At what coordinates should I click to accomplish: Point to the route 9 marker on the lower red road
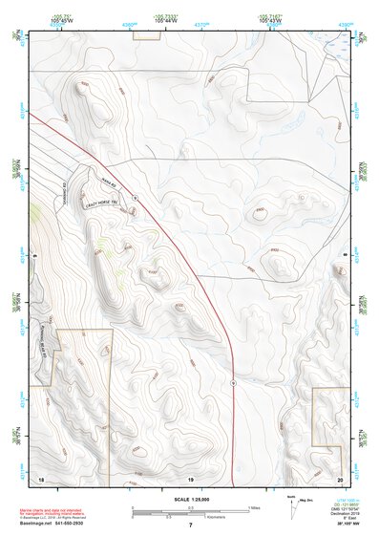tap(234, 381)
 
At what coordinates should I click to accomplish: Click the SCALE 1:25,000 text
tap(190, 500)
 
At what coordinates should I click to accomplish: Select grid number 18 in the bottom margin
tap(41, 478)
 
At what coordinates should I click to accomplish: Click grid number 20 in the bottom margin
tap(339, 478)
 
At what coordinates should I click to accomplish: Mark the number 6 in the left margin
tap(34, 256)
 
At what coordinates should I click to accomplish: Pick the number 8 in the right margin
tap(345, 256)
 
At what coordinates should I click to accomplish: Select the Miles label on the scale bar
tap(253, 507)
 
